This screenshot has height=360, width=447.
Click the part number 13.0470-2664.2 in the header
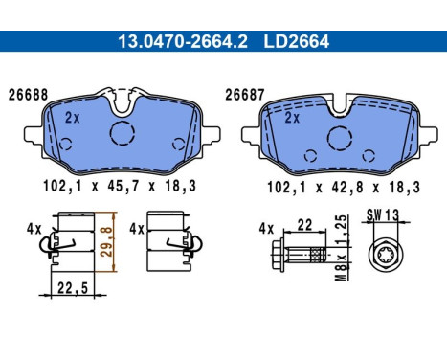click(x=183, y=41)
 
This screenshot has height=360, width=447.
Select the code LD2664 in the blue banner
click(x=296, y=41)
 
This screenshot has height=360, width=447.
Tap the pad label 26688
click(x=28, y=95)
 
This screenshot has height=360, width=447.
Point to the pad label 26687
click(x=245, y=95)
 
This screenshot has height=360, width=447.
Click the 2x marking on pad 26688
click(x=72, y=118)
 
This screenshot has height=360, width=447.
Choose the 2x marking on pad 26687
click(x=292, y=118)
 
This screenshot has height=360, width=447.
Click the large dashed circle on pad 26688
click(x=123, y=133)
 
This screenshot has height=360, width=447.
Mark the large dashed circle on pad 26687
click(x=340, y=138)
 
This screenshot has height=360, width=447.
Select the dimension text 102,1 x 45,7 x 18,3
click(x=120, y=186)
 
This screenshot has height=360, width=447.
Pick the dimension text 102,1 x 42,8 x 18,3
click(x=344, y=187)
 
